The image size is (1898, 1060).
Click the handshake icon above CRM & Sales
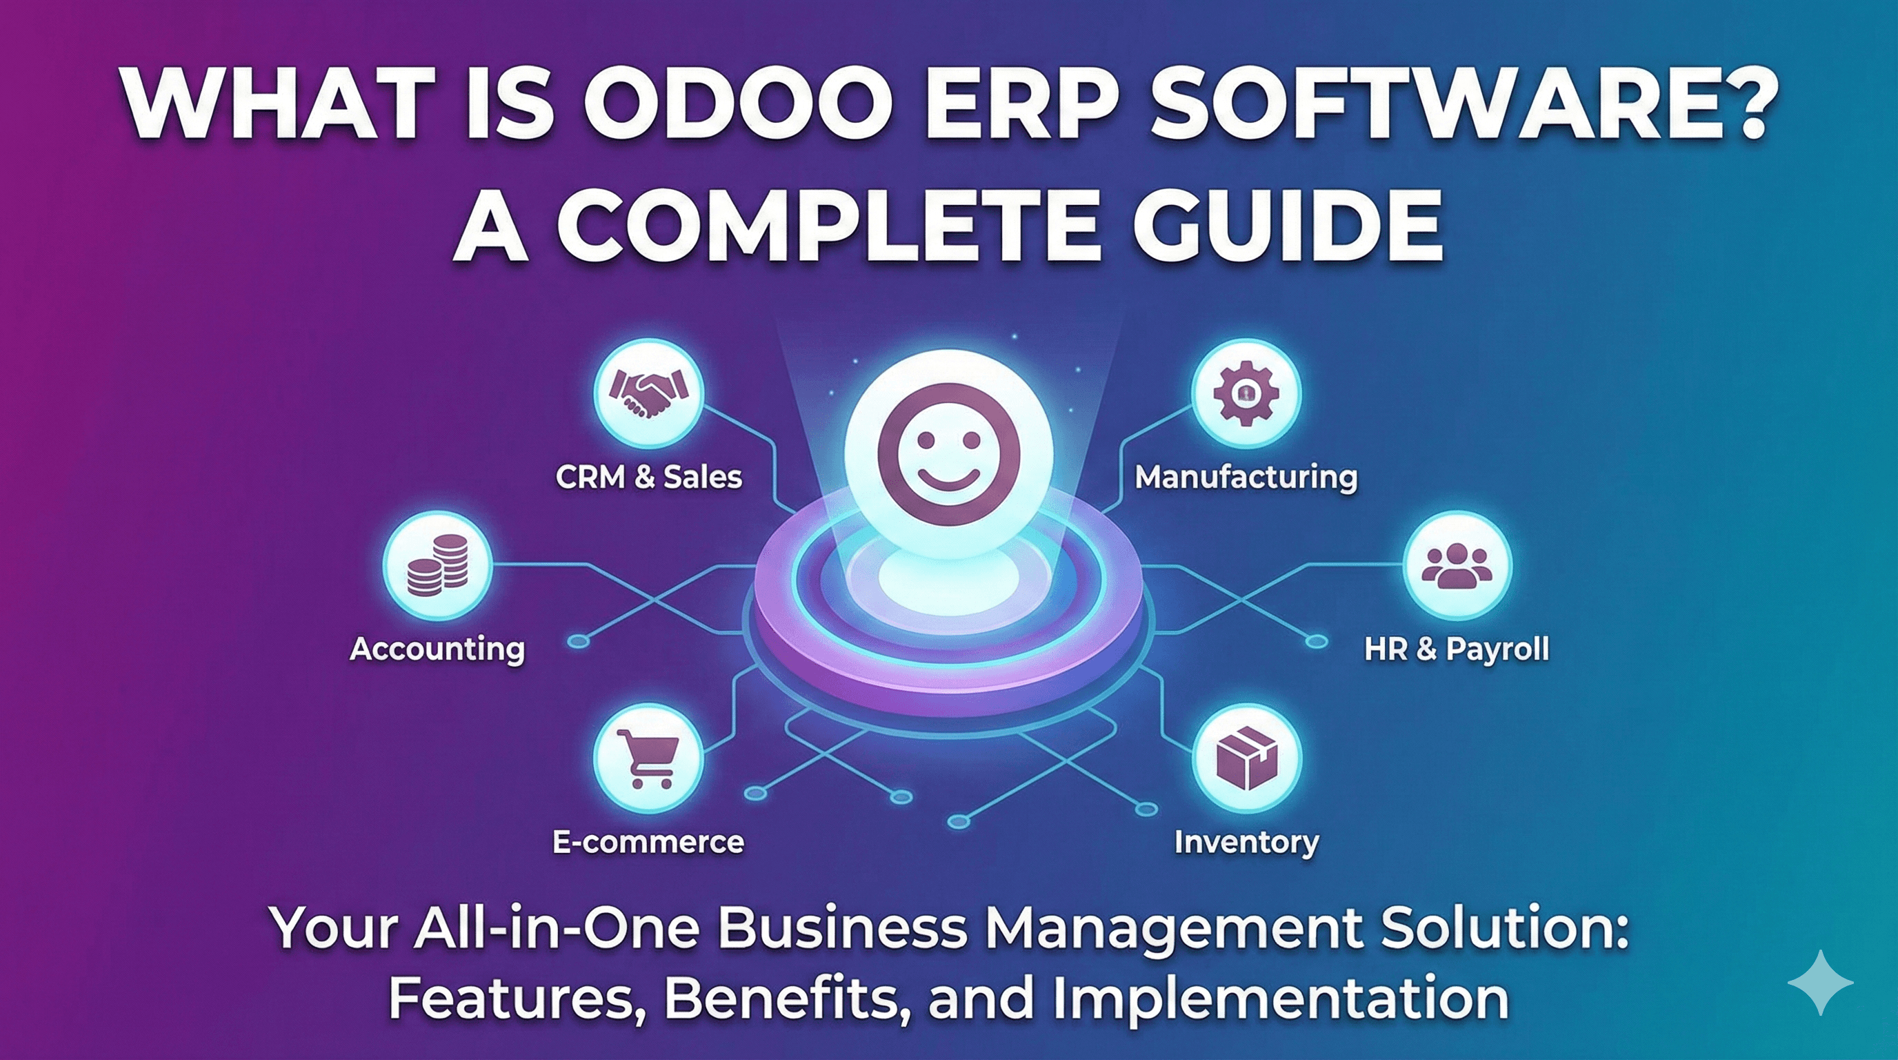point(648,392)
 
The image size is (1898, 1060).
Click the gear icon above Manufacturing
point(1246,392)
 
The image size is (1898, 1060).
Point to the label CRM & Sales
point(648,477)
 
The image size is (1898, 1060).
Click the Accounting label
point(438,649)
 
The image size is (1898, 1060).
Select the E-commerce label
point(648,842)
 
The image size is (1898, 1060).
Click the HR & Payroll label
point(1457,649)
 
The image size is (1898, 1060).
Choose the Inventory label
point(1246,842)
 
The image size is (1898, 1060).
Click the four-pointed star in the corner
point(1820,983)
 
